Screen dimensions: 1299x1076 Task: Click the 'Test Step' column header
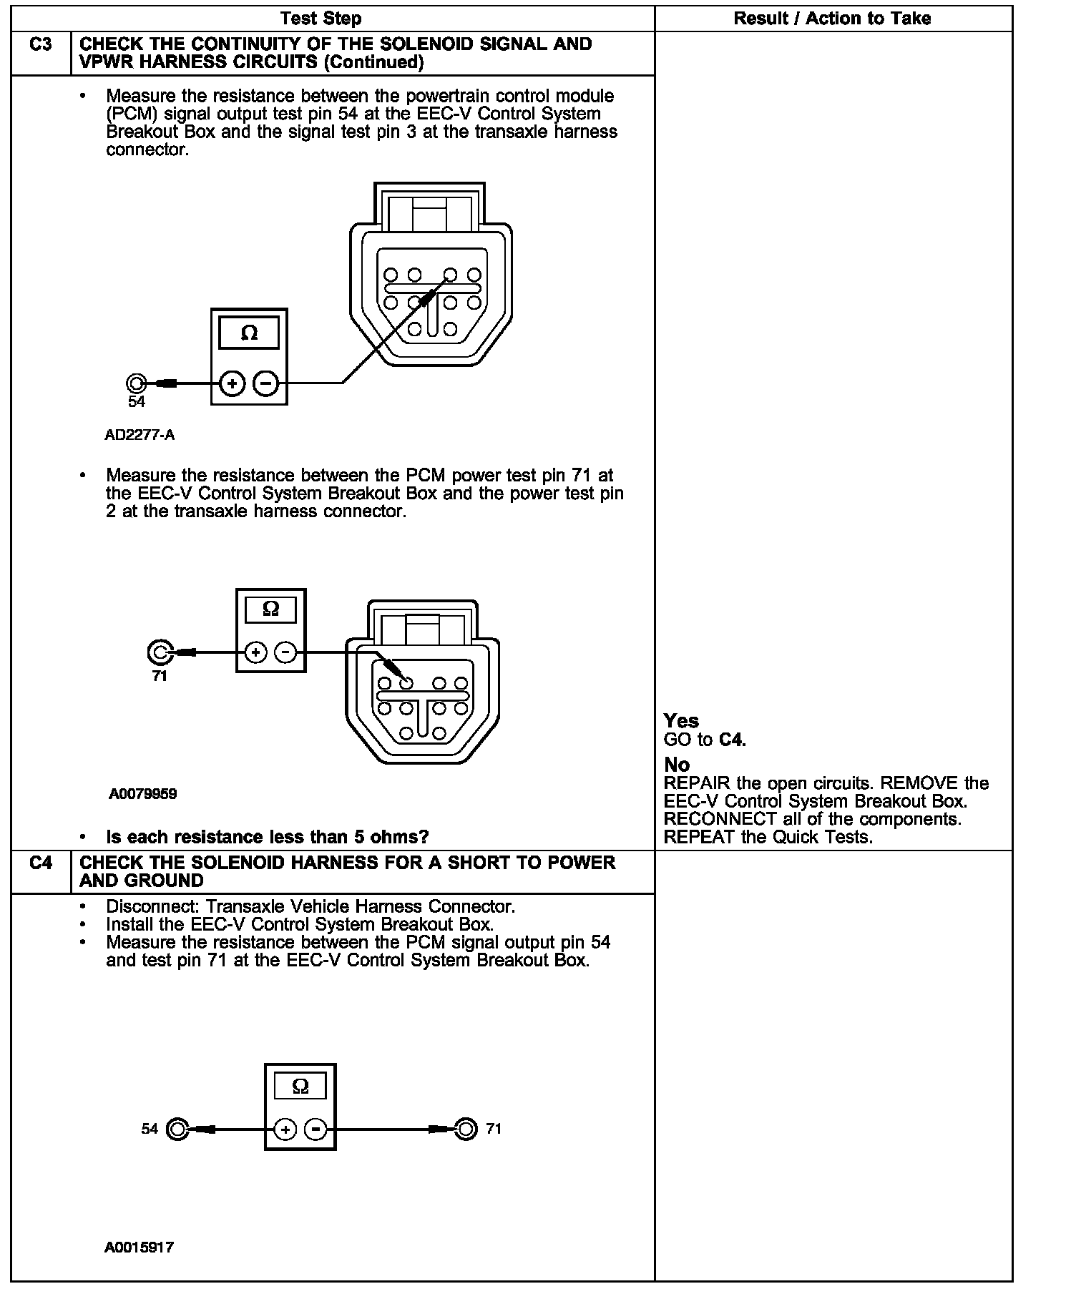click(321, 19)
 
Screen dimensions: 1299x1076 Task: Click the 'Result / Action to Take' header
click(832, 19)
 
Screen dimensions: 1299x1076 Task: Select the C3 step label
click(41, 45)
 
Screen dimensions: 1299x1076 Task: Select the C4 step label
click(41, 863)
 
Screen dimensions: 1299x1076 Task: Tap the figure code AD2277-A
click(140, 435)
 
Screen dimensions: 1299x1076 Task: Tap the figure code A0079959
click(143, 794)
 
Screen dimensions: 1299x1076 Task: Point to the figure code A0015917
click(140, 1247)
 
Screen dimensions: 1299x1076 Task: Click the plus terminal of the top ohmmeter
click(232, 383)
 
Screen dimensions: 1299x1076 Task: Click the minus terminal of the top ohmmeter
click(265, 383)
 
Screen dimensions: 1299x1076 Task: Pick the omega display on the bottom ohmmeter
click(300, 1087)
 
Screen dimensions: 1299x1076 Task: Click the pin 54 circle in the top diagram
click(136, 383)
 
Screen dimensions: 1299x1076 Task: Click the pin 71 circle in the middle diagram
click(159, 652)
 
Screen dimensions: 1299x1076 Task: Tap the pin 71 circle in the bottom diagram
click(466, 1129)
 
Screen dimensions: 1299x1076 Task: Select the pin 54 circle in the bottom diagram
click(177, 1129)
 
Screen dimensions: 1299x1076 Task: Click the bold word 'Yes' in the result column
click(681, 721)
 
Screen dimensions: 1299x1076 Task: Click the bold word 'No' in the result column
click(676, 765)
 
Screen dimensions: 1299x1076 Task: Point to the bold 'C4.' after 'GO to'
click(732, 740)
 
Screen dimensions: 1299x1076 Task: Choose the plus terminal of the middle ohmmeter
click(255, 652)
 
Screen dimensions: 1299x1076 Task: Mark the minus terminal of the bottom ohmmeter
click(316, 1129)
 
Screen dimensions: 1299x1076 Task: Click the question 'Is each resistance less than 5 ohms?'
click(267, 837)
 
